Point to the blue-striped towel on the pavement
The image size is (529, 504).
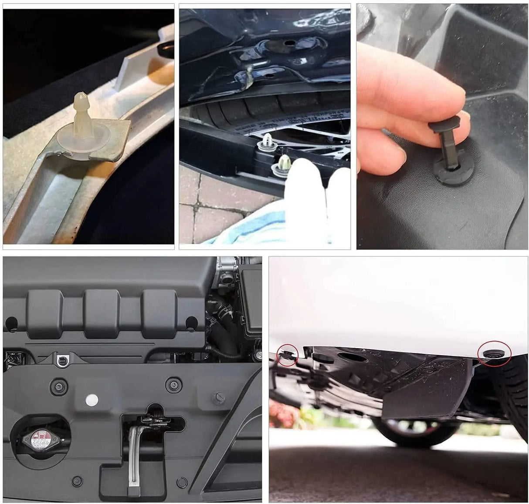tap(244, 233)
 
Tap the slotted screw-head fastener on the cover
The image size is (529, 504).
tap(218, 397)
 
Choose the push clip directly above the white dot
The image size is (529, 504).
tap(58, 385)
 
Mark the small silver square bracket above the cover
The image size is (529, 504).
tap(62, 360)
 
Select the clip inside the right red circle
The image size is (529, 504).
tap(494, 353)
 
